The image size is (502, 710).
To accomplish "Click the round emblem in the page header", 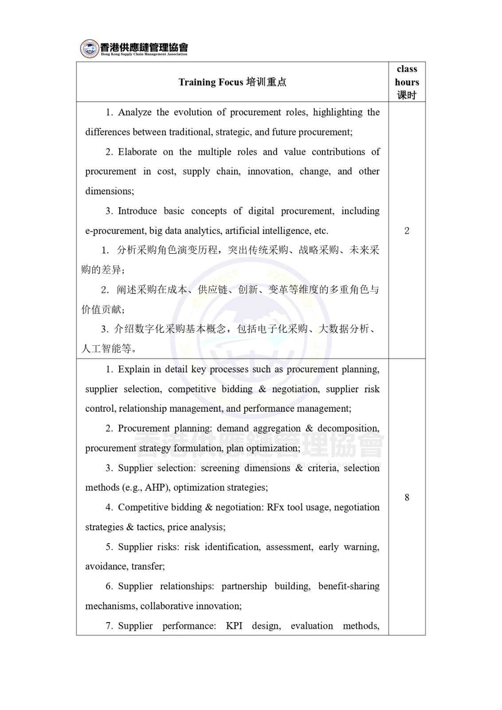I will click(x=90, y=48).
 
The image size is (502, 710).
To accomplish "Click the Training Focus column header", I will click(x=232, y=82).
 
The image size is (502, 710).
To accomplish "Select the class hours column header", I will click(x=407, y=82).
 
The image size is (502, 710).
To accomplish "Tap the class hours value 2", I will click(x=407, y=231).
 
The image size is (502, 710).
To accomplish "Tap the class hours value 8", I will click(x=407, y=497).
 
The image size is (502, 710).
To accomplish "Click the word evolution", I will click(x=192, y=112).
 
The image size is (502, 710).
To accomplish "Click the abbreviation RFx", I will click(x=275, y=507).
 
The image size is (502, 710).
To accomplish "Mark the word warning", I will click(x=361, y=547).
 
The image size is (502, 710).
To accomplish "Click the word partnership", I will click(x=244, y=586).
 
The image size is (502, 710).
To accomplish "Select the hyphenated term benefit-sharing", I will click(x=349, y=586).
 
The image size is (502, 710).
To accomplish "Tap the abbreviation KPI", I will click(x=234, y=626).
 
